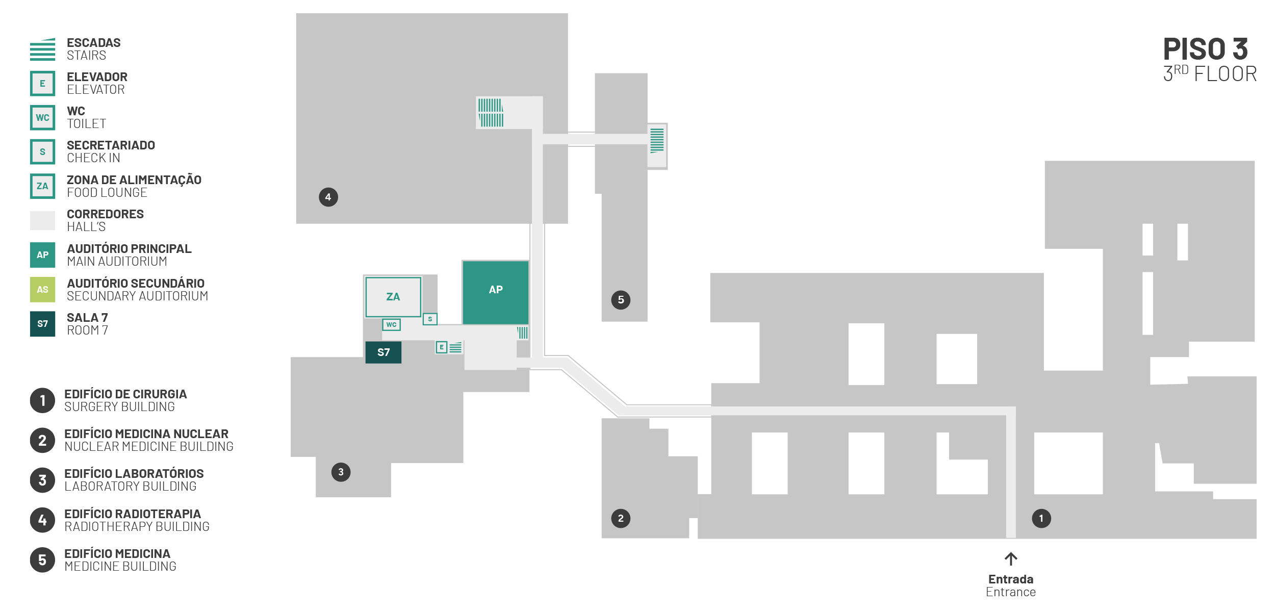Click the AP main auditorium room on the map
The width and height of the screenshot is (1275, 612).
pyautogui.click(x=495, y=292)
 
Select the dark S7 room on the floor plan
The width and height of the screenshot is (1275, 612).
pyautogui.click(x=384, y=352)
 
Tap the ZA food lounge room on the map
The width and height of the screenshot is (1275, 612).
pyautogui.click(x=393, y=297)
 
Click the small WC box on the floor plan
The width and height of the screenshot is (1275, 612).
pyautogui.click(x=391, y=324)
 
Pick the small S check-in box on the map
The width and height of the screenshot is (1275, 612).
pyautogui.click(x=430, y=319)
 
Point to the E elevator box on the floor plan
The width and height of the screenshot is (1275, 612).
pyautogui.click(x=442, y=347)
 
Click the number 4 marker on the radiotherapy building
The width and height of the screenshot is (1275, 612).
pyautogui.click(x=328, y=197)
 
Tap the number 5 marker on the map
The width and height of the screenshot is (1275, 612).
pyautogui.click(x=621, y=299)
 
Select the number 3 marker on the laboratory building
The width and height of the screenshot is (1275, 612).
pyautogui.click(x=341, y=472)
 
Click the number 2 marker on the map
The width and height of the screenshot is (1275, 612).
pyautogui.click(x=621, y=518)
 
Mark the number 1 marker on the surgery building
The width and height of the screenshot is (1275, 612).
pyautogui.click(x=1041, y=518)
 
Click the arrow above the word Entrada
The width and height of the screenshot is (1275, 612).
pyautogui.click(x=1011, y=558)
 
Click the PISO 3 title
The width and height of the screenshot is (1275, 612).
pyautogui.click(x=1205, y=49)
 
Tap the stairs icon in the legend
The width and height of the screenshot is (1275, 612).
pyautogui.click(x=42, y=49)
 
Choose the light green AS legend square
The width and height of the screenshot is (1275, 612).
pyautogui.click(x=42, y=290)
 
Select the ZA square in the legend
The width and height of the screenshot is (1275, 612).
pyautogui.click(x=42, y=186)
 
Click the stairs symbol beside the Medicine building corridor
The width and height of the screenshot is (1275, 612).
pyautogui.click(x=657, y=140)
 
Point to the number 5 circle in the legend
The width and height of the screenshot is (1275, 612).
pyautogui.click(x=42, y=560)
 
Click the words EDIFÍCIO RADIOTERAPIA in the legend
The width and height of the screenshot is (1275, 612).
pyautogui.click(x=133, y=514)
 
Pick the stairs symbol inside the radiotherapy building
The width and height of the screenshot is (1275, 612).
pyautogui.click(x=491, y=113)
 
